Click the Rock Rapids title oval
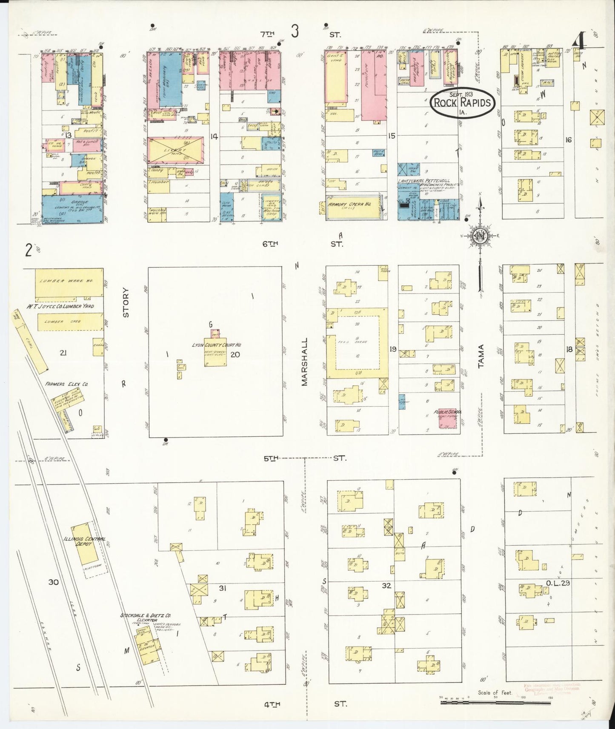pyautogui.click(x=462, y=103)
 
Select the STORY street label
pyautogui.click(x=125, y=303)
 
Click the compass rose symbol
pyautogui.click(x=480, y=236)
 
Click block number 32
pyautogui.click(x=386, y=586)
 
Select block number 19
pyautogui.click(x=393, y=349)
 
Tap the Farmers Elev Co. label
pyautogui.click(x=66, y=384)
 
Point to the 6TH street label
pyautogui.click(x=270, y=244)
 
